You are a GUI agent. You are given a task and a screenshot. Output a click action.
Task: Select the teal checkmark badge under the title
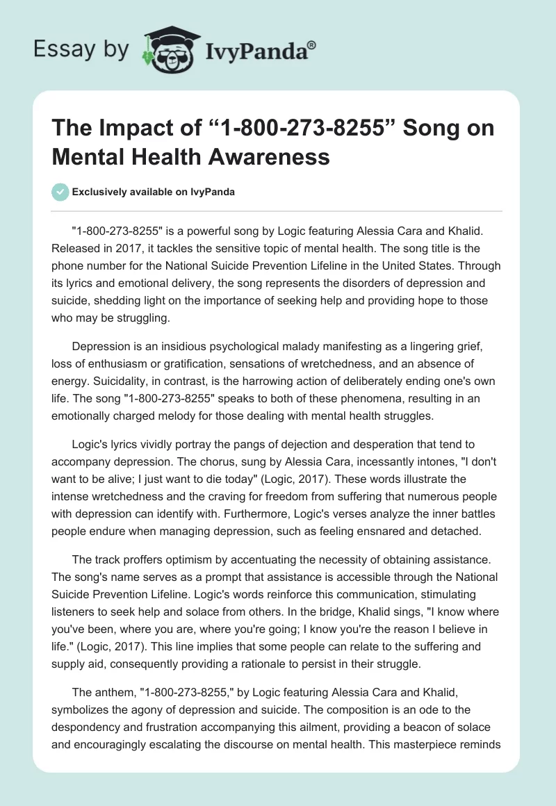(x=61, y=192)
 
